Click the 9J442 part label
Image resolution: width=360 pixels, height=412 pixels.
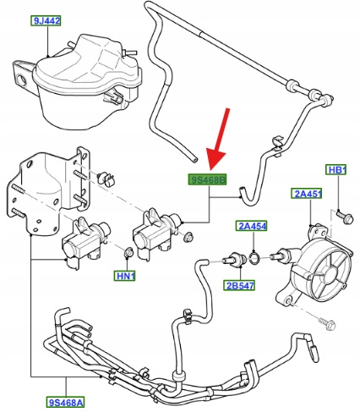click(46, 21)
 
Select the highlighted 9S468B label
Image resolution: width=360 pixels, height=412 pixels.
click(207, 179)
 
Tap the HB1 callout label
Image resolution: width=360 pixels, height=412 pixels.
click(336, 170)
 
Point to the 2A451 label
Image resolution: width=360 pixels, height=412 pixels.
click(307, 194)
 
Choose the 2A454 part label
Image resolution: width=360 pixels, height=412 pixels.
click(251, 226)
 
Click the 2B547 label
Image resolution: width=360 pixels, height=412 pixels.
click(239, 285)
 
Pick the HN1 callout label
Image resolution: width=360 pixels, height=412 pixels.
click(124, 276)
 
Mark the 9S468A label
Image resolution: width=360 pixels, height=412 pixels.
click(66, 402)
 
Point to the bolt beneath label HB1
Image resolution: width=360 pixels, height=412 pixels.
click(344, 217)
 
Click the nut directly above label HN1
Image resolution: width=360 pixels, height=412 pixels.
click(128, 252)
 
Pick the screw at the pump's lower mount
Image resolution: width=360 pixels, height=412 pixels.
click(328, 324)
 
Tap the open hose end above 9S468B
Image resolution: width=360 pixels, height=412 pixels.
click(194, 160)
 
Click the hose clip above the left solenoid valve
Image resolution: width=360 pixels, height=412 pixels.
click(106, 179)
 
